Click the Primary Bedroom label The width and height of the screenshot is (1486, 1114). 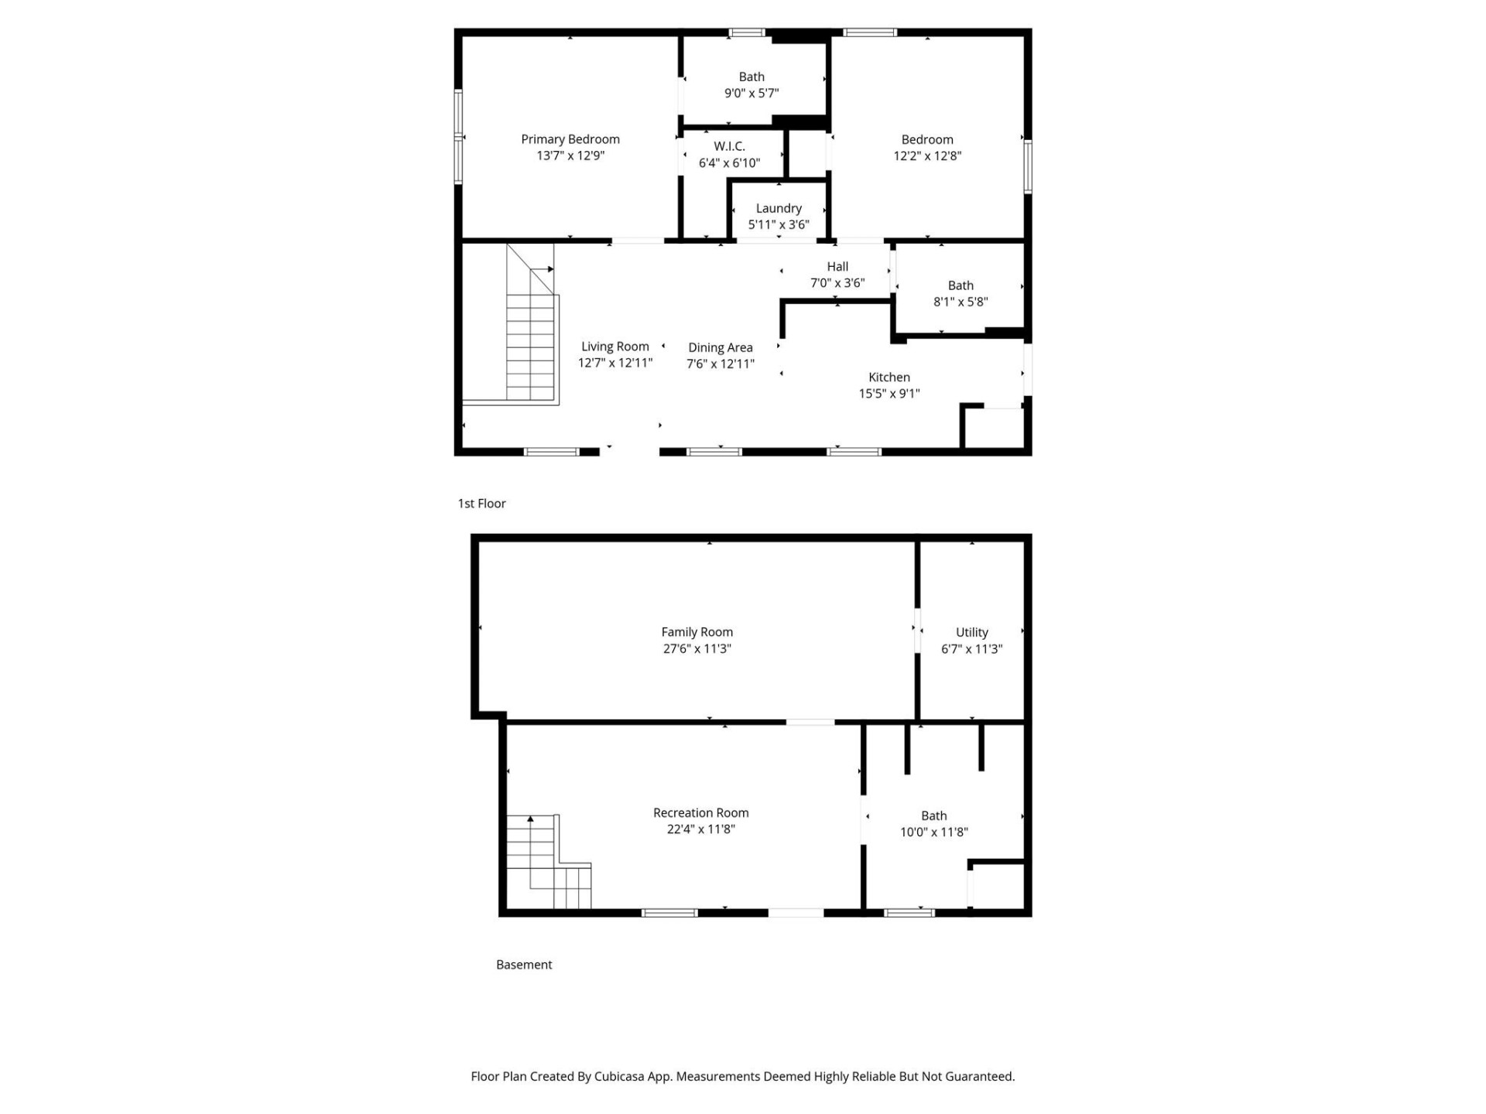pyautogui.click(x=570, y=139)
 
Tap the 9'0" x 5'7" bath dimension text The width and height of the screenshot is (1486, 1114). pyautogui.click(x=751, y=94)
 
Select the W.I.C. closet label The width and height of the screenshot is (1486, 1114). pyautogui.click(x=729, y=146)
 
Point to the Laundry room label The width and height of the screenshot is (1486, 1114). pyautogui.click(x=778, y=208)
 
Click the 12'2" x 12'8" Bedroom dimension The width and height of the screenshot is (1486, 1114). pyautogui.click(x=926, y=155)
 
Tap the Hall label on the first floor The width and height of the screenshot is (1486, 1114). pyautogui.click(x=837, y=266)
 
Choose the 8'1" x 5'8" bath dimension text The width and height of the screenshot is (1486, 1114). pyautogui.click(x=960, y=302)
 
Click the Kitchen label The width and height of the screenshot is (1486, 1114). pyautogui.click(x=889, y=377)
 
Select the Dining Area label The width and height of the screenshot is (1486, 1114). pyautogui.click(x=720, y=347)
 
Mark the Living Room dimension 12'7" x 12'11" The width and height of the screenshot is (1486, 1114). pyautogui.click(x=615, y=363)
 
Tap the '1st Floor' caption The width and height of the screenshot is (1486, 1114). pyautogui.click(x=481, y=503)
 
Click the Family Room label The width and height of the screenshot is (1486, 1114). pyautogui.click(x=697, y=632)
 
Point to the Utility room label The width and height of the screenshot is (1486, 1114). pyautogui.click(x=971, y=632)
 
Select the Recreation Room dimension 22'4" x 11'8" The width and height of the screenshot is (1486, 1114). pyautogui.click(x=700, y=829)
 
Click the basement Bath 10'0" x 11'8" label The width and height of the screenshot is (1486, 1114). pyautogui.click(x=933, y=815)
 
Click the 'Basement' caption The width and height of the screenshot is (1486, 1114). pyautogui.click(x=524, y=964)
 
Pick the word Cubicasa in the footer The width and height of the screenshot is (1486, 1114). pyautogui.click(x=620, y=1076)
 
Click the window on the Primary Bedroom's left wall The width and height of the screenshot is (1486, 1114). pyautogui.click(x=458, y=137)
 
